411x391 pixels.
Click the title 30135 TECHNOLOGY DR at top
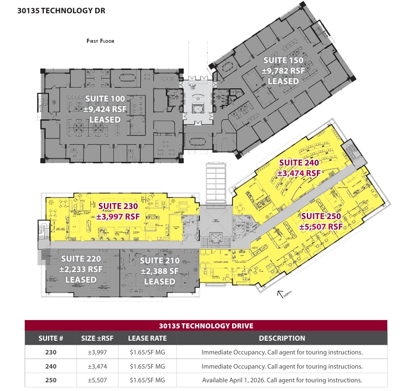tap(61, 10)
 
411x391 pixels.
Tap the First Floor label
tap(101, 41)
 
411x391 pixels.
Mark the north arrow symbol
tap(283, 293)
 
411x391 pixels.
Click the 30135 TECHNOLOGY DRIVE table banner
tap(206, 326)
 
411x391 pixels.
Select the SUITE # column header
tap(51, 338)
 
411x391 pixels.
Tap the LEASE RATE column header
tap(147, 338)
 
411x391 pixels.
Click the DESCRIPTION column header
tap(282, 338)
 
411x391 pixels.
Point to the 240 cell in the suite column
tap(51, 366)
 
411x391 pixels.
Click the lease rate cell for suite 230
tap(147, 353)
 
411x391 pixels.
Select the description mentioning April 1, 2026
tap(282, 380)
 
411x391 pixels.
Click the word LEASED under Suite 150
tap(283, 81)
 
